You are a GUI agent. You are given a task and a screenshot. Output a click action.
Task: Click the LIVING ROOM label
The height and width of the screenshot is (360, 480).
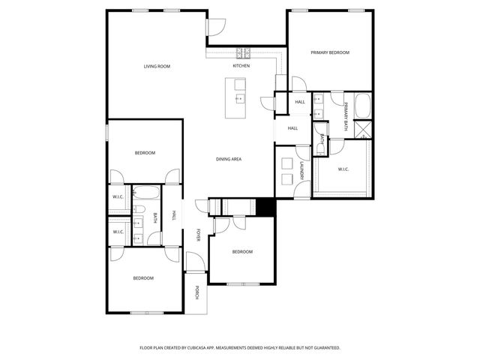(157, 67)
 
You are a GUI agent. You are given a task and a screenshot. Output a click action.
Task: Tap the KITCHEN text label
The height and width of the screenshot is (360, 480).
(241, 67)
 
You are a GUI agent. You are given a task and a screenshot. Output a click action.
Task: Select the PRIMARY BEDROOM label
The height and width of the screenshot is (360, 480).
(331, 52)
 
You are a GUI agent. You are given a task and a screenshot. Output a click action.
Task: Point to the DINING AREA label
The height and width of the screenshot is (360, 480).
(228, 159)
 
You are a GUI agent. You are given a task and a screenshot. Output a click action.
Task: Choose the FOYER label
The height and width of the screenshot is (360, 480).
(199, 234)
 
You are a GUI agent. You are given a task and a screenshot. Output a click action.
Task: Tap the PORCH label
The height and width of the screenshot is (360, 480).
(197, 293)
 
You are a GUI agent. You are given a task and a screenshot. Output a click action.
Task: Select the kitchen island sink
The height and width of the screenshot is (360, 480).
(240, 98)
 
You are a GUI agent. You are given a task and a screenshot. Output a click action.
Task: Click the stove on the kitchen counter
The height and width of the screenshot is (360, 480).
(244, 53)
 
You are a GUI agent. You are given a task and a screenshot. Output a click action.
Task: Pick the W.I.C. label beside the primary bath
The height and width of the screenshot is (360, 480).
(343, 169)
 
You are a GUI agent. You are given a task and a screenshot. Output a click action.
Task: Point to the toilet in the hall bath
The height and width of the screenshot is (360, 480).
(139, 211)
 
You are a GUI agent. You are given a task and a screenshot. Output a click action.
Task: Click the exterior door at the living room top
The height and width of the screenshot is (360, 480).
(214, 27)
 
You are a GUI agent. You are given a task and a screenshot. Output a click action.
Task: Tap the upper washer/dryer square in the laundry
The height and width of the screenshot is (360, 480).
(286, 163)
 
